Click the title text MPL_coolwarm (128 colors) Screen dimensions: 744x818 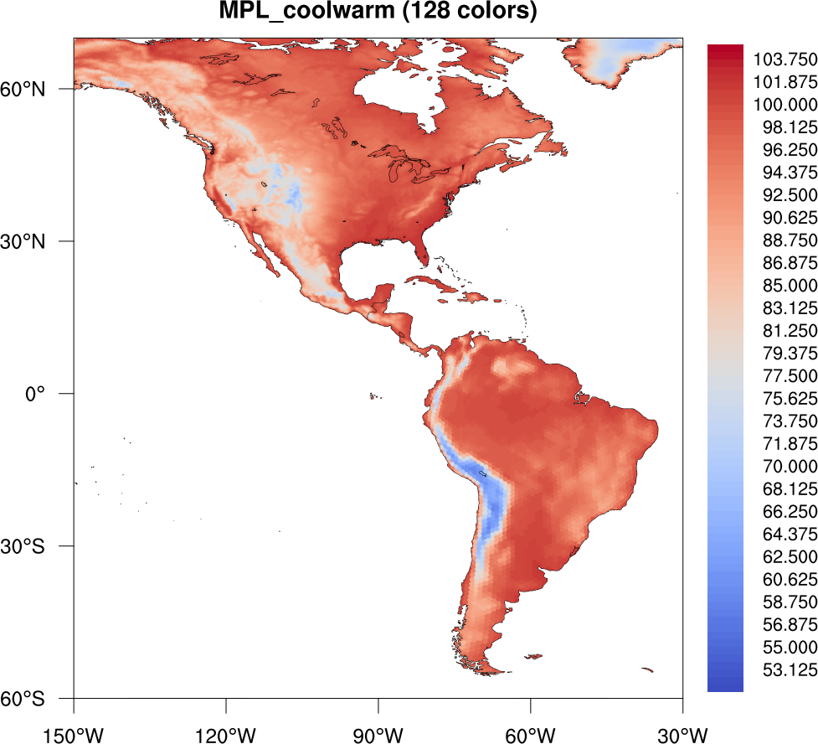[x=378, y=13]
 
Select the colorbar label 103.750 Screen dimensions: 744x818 [x=785, y=59]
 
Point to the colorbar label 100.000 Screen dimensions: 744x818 [x=785, y=105]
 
